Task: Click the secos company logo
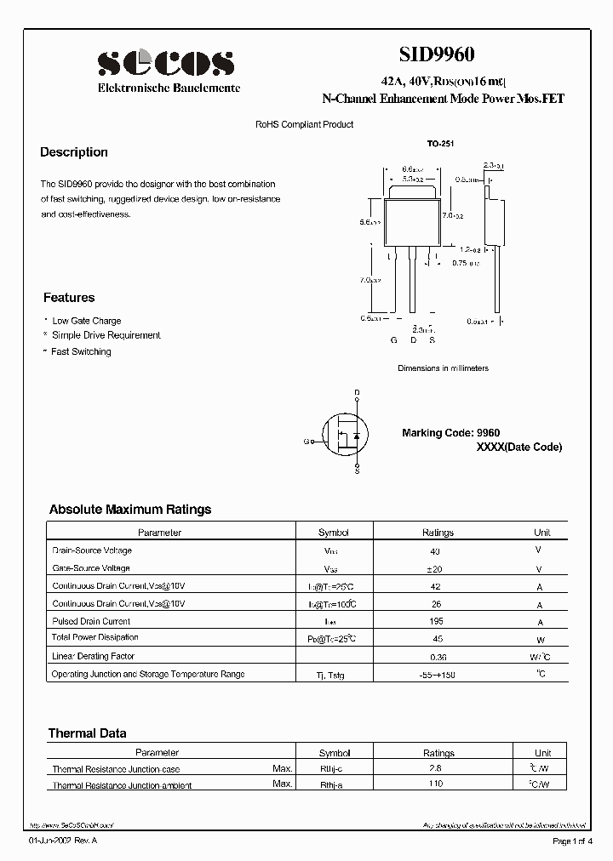click(x=165, y=62)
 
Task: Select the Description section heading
click(x=74, y=152)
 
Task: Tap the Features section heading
click(x=69, y=298)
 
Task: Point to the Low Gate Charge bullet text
click(x=87, y=321)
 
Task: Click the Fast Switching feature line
click(x=81, y=351)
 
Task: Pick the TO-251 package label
click(x=441, y=145)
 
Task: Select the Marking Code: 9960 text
click(x=451, y=433)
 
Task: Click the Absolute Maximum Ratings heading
click(x=130, y=510)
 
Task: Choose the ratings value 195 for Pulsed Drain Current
click(x=438, y=621)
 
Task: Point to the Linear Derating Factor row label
click(x=94, y=656)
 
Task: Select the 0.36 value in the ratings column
click(x=438, y=657)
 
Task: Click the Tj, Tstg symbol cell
click(x=333, y=675)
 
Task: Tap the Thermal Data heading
click(x=88, y=733)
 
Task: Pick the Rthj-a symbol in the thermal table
click(x=333, y=784)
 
